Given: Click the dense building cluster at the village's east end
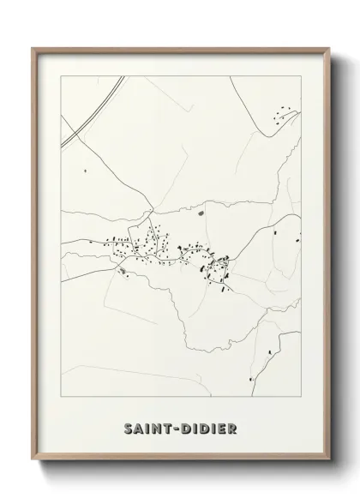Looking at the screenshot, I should click(x=213, y=267).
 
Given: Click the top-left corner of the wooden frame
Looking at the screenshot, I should click(x=33, y=49).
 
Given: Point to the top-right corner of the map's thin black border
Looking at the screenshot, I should click(x=302, y=75).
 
